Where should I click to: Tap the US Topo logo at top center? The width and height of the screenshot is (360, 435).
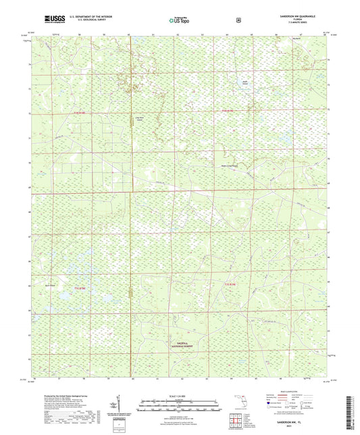tap(178, 20)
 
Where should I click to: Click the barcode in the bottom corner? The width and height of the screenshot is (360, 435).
tap(351, 411)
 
